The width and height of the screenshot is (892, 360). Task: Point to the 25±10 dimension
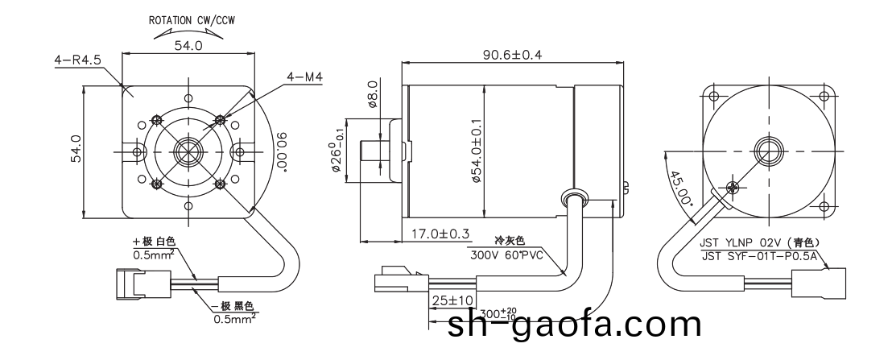click(x=449, y=300)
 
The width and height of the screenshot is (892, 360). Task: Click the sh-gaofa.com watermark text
click(x=575, y=325)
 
